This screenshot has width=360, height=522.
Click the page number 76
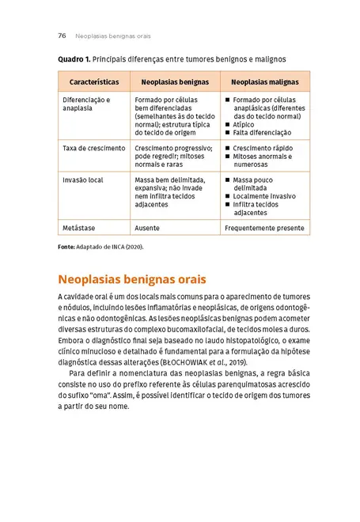pyautogui.click(x=62, y=36)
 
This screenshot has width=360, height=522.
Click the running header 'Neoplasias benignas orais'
pyautogui.click(x=112, y=36)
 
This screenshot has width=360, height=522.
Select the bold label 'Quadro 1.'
pyautogui.click(x=74, y=59)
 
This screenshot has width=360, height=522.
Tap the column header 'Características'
pyautogui.click(x=94, y=81)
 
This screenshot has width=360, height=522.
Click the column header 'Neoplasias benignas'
pyautogui.click(x=175, y=81)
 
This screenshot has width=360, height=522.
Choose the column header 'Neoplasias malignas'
pyautogui.click(x=265, y=81)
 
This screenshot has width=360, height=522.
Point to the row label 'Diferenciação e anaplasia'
pyautogui.click(x=87, y=104)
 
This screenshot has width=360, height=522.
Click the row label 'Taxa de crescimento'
pyautogui.click(x=94, y=148)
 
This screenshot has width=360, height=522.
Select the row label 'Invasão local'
pyautogui.click(x=83, y=180)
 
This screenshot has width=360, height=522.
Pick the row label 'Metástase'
pyautogui.click(x=78, y=227)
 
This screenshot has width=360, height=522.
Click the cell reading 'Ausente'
pyautogui.click(x=147, y=227)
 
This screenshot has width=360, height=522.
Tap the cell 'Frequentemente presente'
pyautogui.click(x=264, y=227)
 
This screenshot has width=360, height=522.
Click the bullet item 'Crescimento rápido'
pyautogui.click(x=265, y=148)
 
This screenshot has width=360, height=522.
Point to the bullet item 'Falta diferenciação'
pyautogui.click(x=262, y=132)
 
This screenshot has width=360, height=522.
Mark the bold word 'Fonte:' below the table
pyautogui.click(x=66, y=246)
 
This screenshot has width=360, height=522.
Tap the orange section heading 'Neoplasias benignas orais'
pyautogui.click(x=132, y=279)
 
